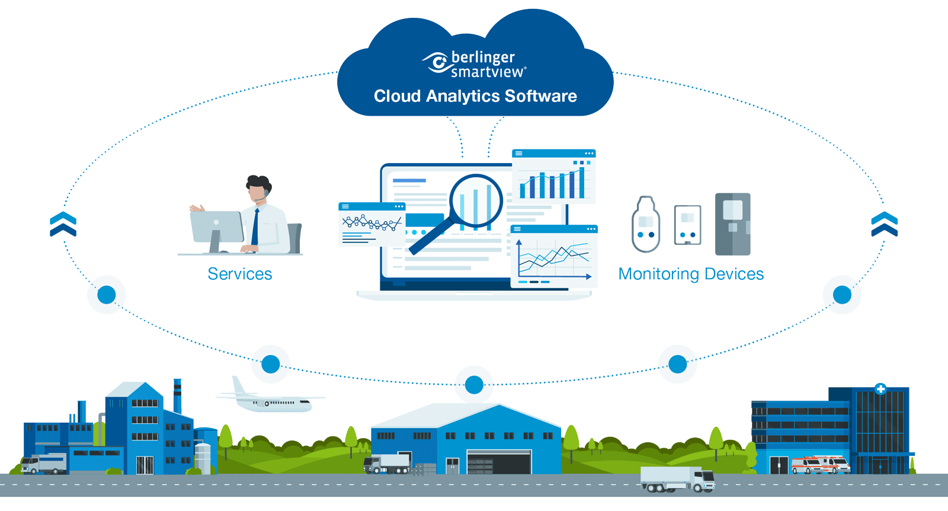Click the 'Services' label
pyautogui.click(x=240, y=274)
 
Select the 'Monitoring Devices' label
pyautogui.click(x=691, y=274)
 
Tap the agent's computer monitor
pyautogui.click(x=216, y=226)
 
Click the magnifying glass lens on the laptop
pyautogui.click(x=476, y=201)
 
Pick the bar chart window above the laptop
pyautogui.click(x=554, y=177)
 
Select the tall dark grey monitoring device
pyautogui.click(x=732, y=224)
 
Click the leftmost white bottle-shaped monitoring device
pyautogui.click(x=646, y=225)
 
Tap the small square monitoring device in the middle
pyautogui.click(x=687, y=225)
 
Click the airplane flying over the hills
pyautogui.click(x=270, y=401)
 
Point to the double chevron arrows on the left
pyautogui.click(x=63, y=224)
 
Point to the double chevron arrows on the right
pyautogui.click(x=884, y=224)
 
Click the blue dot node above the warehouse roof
pyautogui.click(x=474, y=385)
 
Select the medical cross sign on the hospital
pyautogui.click(x=880, y=389)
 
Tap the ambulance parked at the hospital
pyautogui.click(x=821, y=464)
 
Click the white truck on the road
pyautogui.click(x=678, y=479)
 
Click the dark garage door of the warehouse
pyautogui.click(x=498, y=462)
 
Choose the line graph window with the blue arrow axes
pyautogui.click(x=554, y=257)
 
